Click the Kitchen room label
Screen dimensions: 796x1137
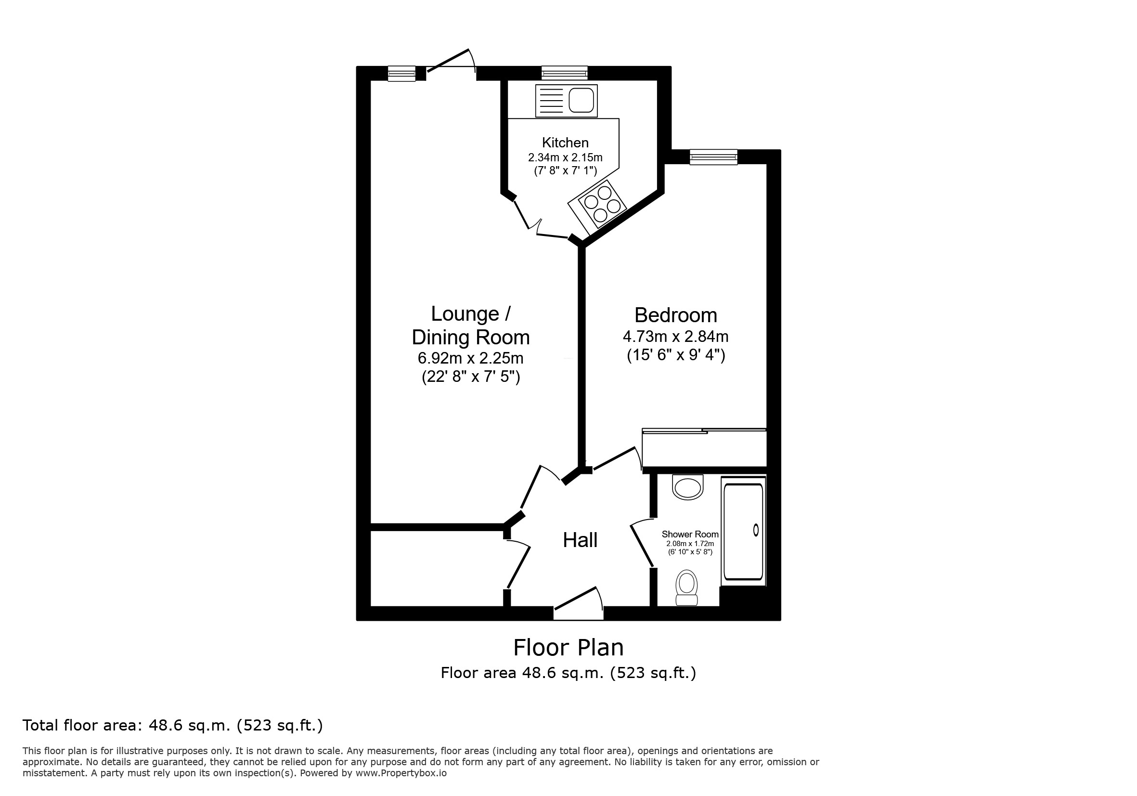pos(565,143)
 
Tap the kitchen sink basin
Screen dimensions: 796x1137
pos(581,101)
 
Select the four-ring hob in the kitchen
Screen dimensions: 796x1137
pos(597,207)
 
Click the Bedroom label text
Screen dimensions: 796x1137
pos(675,315)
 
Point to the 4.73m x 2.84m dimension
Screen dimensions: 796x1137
pos(675,337)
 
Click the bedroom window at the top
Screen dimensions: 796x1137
pos(713,157)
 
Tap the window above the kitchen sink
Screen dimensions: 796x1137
pos(564,73)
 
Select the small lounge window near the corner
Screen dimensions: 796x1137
pos(401,74)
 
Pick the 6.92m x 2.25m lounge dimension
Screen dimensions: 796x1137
pos(470,358)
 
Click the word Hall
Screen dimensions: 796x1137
pos(580,540)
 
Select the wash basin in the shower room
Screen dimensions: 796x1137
pos(687,487)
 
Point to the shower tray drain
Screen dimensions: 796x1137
pos(756,530)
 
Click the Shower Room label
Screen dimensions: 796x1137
pos(690,535)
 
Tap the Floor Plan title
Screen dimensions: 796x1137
pos(568,647)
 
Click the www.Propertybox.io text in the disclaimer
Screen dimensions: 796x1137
pos(401,773)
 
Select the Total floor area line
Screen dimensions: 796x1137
pos(173,726)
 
